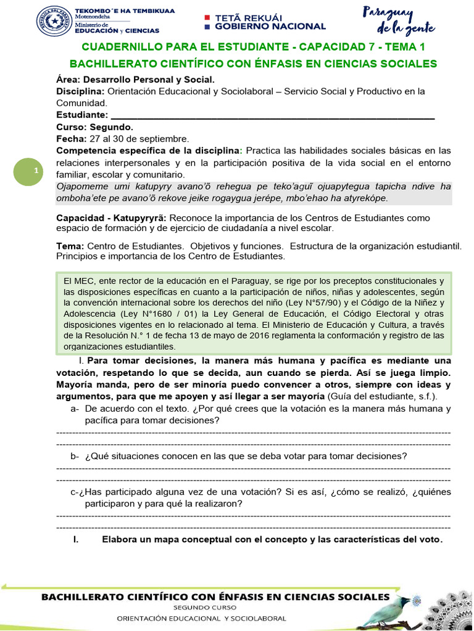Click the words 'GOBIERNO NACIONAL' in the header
click(270, 26)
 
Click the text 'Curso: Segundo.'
click(94, 126)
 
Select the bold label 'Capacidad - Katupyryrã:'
click(111, 218)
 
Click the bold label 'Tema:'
click(70, 246)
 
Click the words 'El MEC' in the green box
click(77, 280)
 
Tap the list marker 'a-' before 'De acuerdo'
click(75, 409)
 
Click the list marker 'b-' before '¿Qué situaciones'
click(75, 456)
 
